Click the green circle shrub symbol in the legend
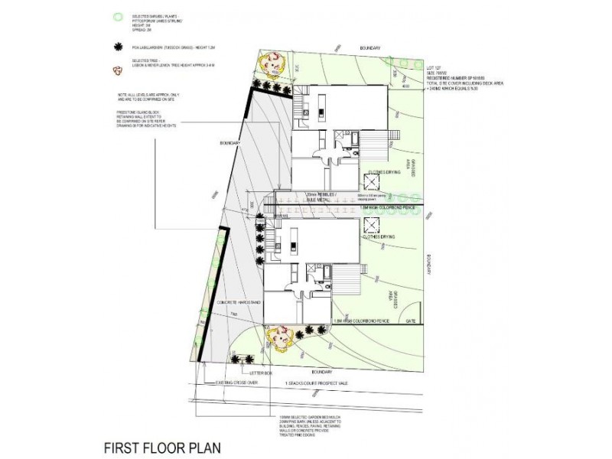(x=116, y=15)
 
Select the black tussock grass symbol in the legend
(x=116, y=47)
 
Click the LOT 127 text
(x=435, y=67)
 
